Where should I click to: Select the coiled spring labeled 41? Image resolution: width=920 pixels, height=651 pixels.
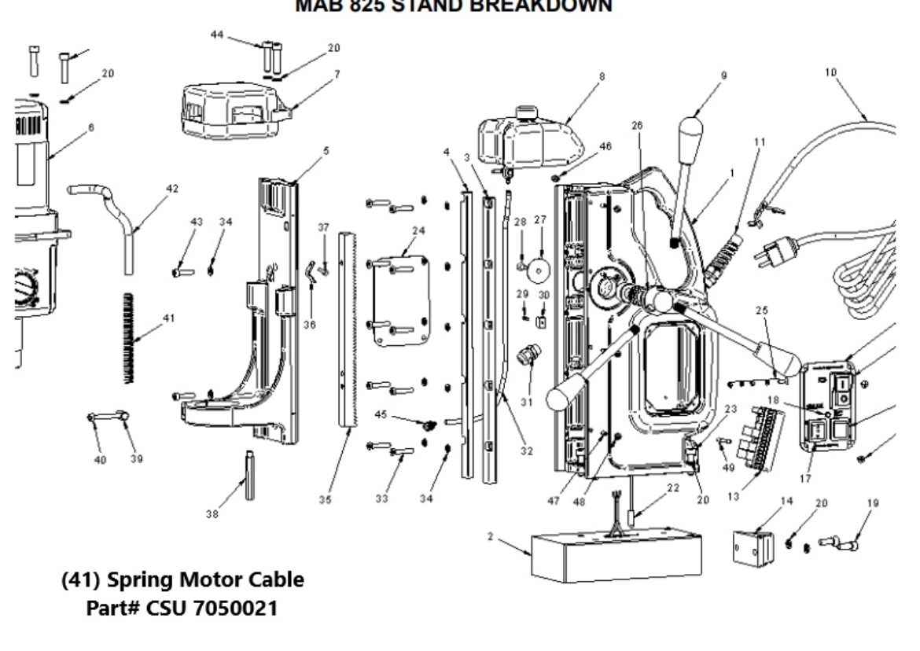click(x=130, y=338)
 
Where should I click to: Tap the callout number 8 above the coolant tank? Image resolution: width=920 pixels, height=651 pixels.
click(x=602, y=77)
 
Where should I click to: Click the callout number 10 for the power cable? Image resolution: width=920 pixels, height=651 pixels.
click(x=832, y=72)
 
